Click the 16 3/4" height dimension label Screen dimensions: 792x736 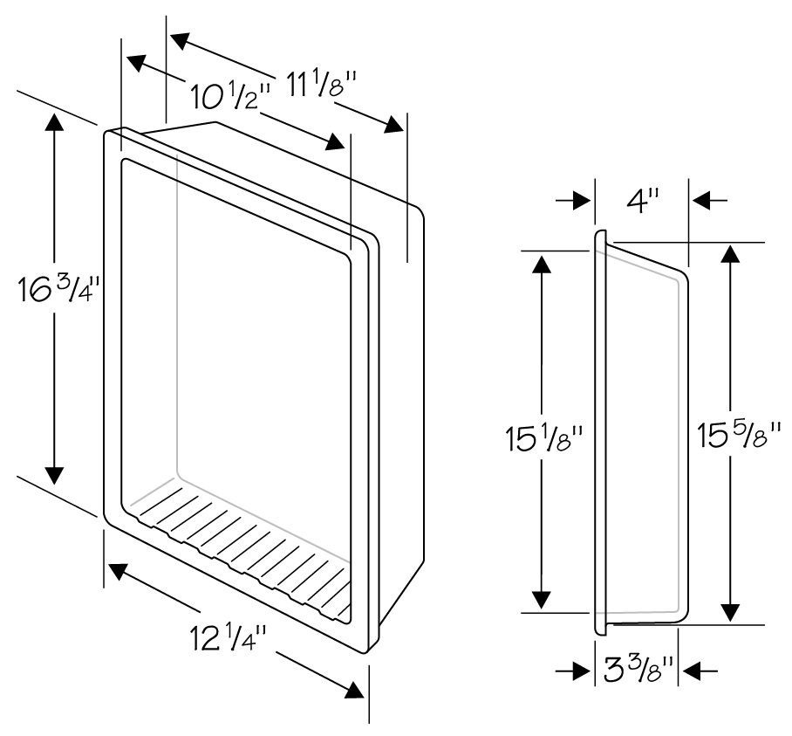57,290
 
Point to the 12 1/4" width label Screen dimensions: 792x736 228,638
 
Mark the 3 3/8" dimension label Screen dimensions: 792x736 638,671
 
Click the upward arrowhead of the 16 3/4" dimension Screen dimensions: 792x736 54,124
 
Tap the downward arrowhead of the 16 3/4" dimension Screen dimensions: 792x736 54,475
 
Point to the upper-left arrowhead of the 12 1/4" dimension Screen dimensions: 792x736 117,571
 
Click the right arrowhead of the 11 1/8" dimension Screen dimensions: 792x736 395,124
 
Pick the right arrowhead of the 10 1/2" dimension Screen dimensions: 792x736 335,141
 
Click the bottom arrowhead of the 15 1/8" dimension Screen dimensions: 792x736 542,600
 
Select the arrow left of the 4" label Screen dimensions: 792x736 574,201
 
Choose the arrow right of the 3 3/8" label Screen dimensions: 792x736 698,671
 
